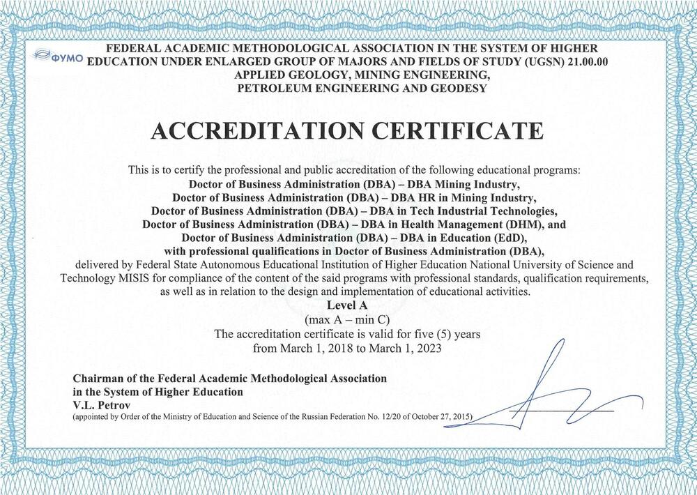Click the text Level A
[348, 305]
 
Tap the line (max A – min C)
[348, 319]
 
